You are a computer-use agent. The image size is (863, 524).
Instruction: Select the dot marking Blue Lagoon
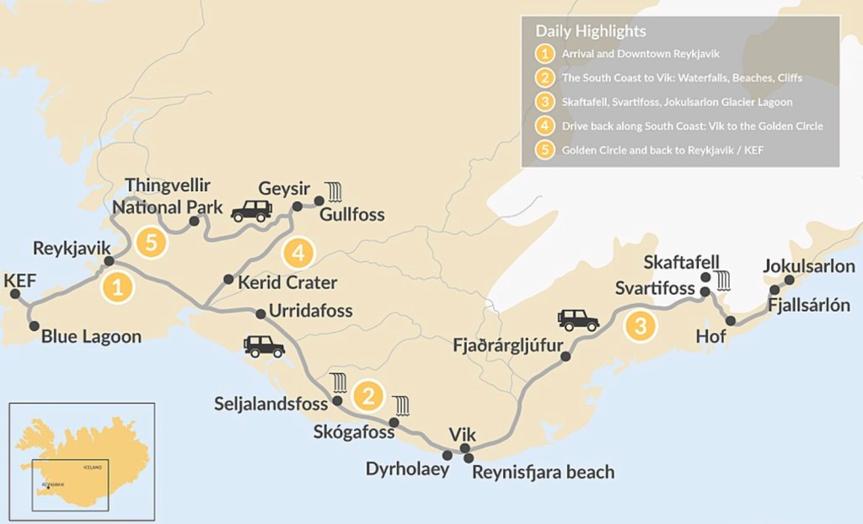pyautogui.click(x=34, y=325)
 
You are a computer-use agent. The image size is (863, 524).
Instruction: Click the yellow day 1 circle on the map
pyautogui.click(x=117, y=287)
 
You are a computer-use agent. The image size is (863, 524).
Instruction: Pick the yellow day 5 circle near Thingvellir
pyautogui.click(x=151, y=243)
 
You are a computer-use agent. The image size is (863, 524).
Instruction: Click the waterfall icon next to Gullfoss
pyautogui.click(x=335, y=192)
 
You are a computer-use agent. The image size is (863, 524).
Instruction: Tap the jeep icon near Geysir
pyautogui.click(x=250, y=211)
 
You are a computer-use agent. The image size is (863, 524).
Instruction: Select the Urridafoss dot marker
pyautogui.click(x=260, y=314)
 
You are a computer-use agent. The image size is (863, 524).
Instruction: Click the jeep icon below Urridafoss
pyautogui.click(x=264, y=345)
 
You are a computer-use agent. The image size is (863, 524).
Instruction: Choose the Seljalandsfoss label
pyautogui.click(x=271, y=404)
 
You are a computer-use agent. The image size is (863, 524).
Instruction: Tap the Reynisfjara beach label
pyautogui.click(x=543, y=472)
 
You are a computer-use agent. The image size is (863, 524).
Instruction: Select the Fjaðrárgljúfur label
pyautogui.click(x=505, y=345)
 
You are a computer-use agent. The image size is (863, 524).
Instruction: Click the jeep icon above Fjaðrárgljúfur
pyautogui.click(x=578, y=319)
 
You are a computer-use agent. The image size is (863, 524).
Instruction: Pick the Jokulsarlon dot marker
pyautogui.click(x=789, y=280)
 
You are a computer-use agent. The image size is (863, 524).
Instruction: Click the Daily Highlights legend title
pyautogui.click(x=591, y=31)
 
